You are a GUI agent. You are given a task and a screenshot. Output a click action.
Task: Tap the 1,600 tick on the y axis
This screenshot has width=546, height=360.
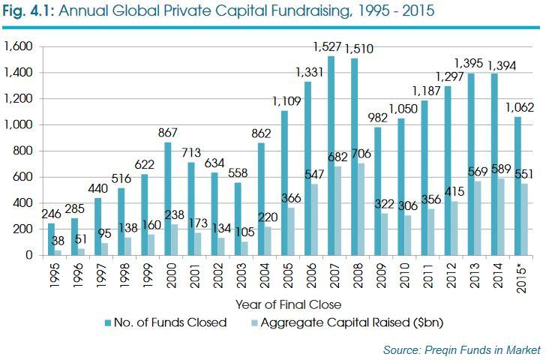point(18,46)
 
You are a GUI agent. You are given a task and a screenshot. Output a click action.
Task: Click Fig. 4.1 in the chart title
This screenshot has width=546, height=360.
point(31,12)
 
